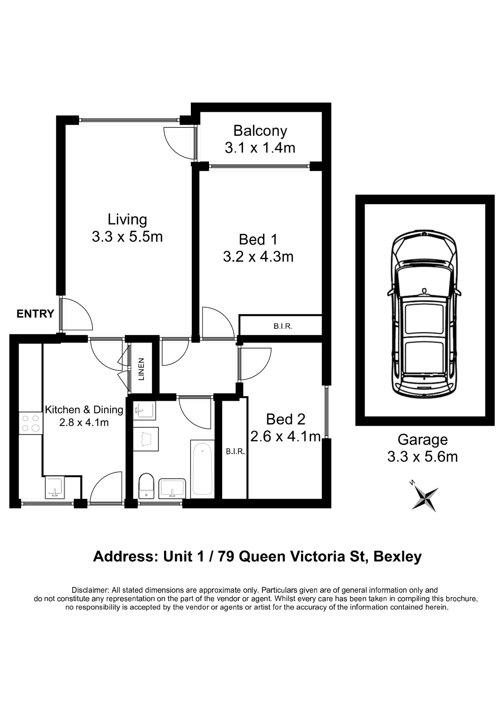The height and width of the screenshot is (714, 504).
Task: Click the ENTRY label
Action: pos(35,314)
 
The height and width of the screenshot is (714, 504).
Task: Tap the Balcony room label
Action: pos(260,131)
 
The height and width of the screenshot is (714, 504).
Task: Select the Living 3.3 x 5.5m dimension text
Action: pos(127,237)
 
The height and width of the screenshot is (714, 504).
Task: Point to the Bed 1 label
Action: pos(258,239)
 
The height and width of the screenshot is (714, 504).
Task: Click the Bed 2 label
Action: pos(286,419)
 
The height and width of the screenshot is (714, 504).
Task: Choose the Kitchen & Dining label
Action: pos(84,410)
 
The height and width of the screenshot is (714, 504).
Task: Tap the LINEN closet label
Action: pos(141,369)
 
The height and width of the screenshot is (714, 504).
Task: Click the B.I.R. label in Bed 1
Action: pos(283,327)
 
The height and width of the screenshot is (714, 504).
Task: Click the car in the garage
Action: pos(424,314)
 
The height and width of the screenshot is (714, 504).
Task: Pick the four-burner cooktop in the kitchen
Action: pos(30,423)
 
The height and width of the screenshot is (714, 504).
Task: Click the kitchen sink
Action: pos(55,487)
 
